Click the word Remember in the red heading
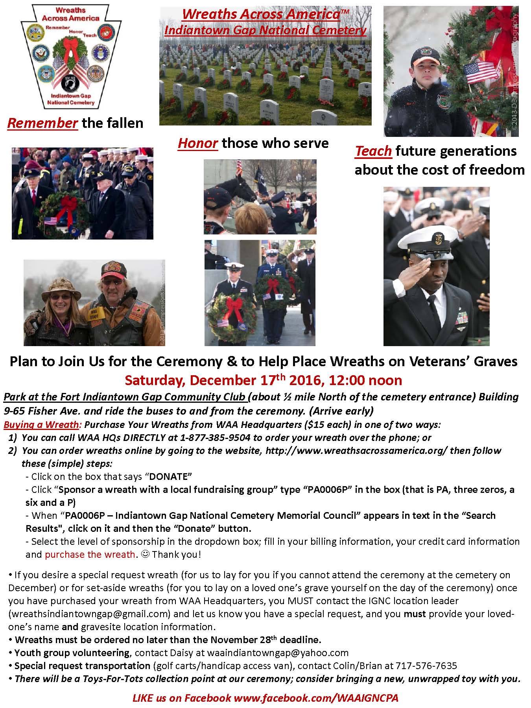point(42,123)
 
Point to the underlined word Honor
point(197,143)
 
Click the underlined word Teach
point(373,151)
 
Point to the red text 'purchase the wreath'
point(90,555)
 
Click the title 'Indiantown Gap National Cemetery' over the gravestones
point(265,30)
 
